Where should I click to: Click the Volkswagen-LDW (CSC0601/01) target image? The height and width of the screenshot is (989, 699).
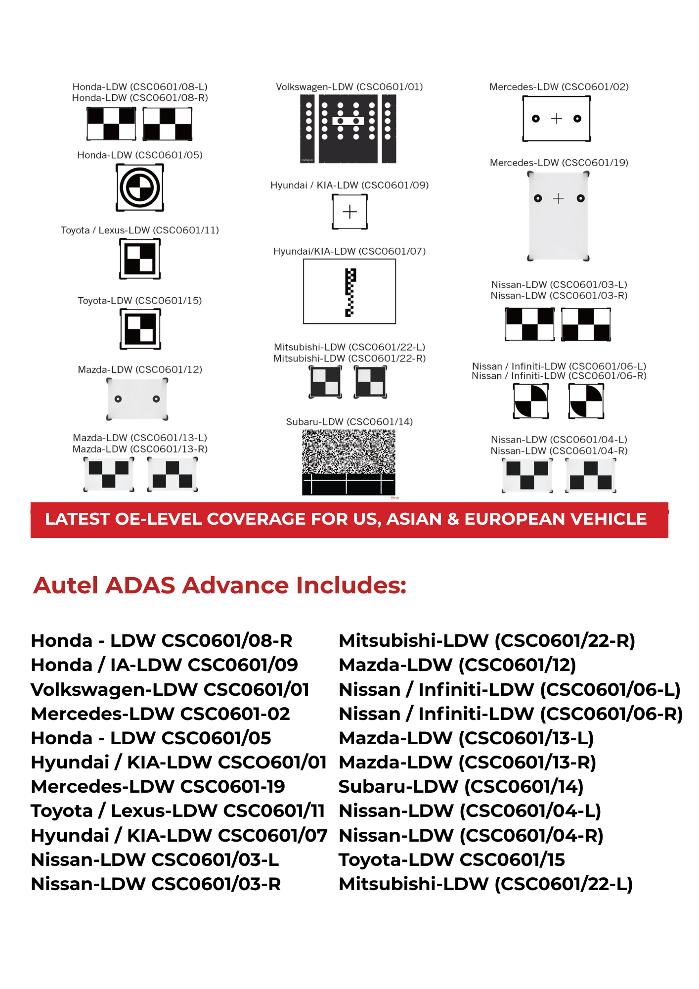click(x=349, y=129)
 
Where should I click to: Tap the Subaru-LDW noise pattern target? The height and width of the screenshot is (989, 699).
click(x=349, y=462)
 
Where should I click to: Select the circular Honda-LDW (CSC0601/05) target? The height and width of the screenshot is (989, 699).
click(x=140, y=187)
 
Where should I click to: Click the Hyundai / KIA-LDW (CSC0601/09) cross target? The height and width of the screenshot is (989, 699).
click(x=349, y=212)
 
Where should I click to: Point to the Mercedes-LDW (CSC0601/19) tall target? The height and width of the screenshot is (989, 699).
click(x=558, y=216)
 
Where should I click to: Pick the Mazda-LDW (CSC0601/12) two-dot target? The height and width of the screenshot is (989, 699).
click(x=137, y=399)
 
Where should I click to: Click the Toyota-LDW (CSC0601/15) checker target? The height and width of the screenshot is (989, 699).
click(x=140, y=329)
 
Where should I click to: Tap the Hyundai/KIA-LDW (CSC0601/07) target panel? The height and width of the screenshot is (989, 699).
click(x=349, y=291)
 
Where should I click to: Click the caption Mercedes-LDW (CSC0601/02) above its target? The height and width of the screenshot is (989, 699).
click(x=559, y=87)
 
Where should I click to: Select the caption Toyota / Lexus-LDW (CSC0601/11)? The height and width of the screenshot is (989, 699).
click(x=140, y=230)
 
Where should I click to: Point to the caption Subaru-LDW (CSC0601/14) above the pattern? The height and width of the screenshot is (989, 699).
click(x=349, y=422)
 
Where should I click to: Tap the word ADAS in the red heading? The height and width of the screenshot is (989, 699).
click(x=140, y=585)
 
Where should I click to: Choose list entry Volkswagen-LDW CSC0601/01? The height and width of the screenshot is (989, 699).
click(x=170, y=689)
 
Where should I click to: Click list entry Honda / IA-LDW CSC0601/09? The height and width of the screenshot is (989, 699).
click(x=164, y=665)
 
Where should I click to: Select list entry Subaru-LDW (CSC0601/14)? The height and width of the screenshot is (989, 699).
click(x=461, y=786)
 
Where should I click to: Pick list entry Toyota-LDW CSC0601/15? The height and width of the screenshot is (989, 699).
click(x=451, y=859)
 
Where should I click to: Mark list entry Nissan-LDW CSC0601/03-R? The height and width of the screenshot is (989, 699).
click(x=156, y=884)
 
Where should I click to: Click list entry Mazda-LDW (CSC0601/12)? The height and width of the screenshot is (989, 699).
click(x=457, y=665)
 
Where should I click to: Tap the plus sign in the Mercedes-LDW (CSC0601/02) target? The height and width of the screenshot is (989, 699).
click(x=557, y=119)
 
